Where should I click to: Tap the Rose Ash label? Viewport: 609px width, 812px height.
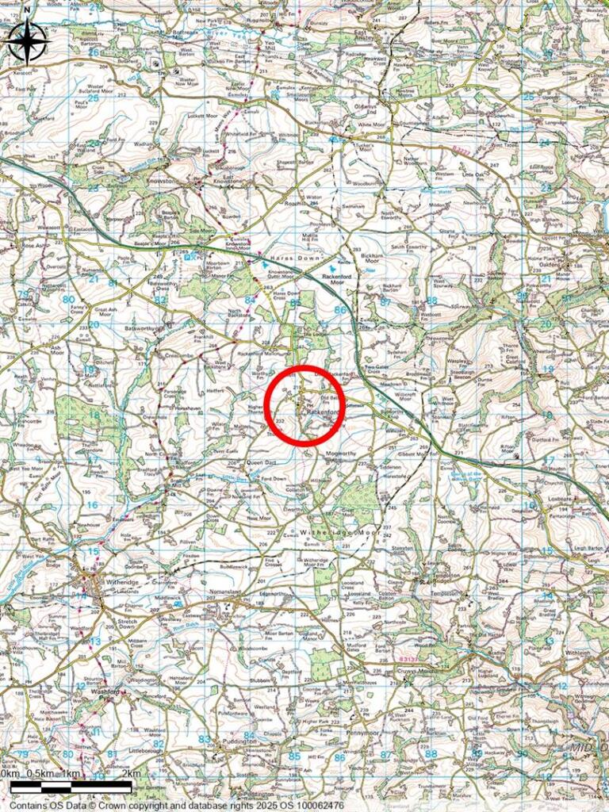(35, 246)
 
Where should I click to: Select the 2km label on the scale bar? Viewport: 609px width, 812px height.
(132, 773)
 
